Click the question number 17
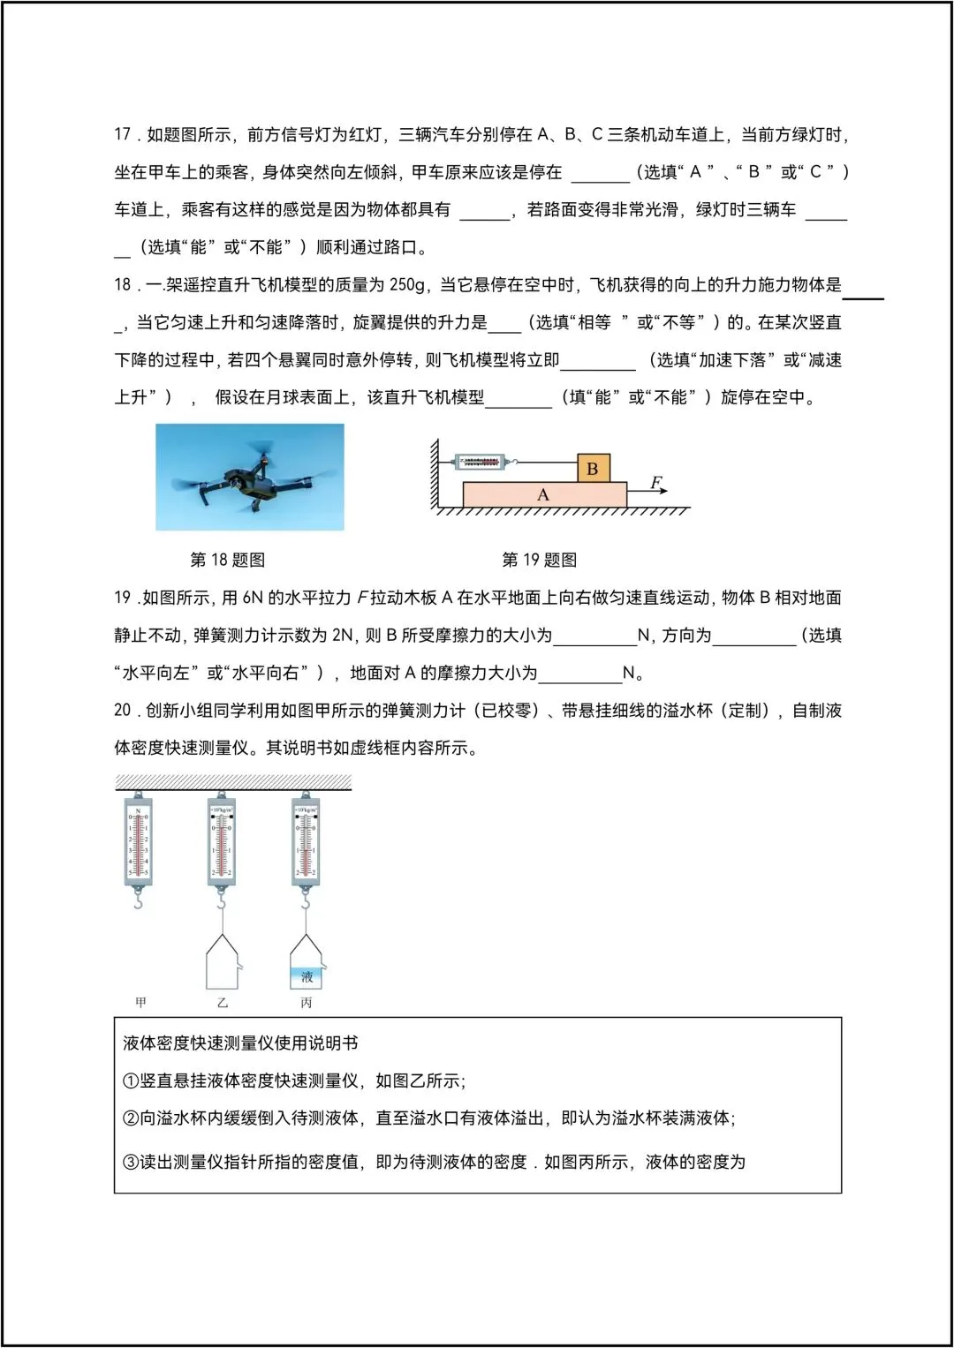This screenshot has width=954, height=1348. (123, 134)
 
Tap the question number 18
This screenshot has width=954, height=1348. (123, 284)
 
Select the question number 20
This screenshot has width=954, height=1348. (123, 710)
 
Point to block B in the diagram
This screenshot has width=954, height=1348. (593, 468)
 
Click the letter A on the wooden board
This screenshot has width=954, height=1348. (543, 495)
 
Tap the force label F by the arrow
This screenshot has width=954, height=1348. (655, 483)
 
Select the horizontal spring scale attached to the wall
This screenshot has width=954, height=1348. (482, 462)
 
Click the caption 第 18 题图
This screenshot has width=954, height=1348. (227, 560)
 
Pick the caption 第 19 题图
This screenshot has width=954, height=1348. (539, 560)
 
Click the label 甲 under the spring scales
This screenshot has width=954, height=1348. (140, 1002)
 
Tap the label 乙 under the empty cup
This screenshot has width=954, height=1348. (222, 1002)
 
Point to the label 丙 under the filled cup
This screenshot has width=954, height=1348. (306, 1002)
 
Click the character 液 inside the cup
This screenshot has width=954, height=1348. (307, 976)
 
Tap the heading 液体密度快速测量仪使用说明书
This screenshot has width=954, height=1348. (240, 1043)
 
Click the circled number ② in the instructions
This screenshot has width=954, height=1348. (131, 1118)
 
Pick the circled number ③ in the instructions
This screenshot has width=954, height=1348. (131, 1162)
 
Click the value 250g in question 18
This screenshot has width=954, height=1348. (408, 284)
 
